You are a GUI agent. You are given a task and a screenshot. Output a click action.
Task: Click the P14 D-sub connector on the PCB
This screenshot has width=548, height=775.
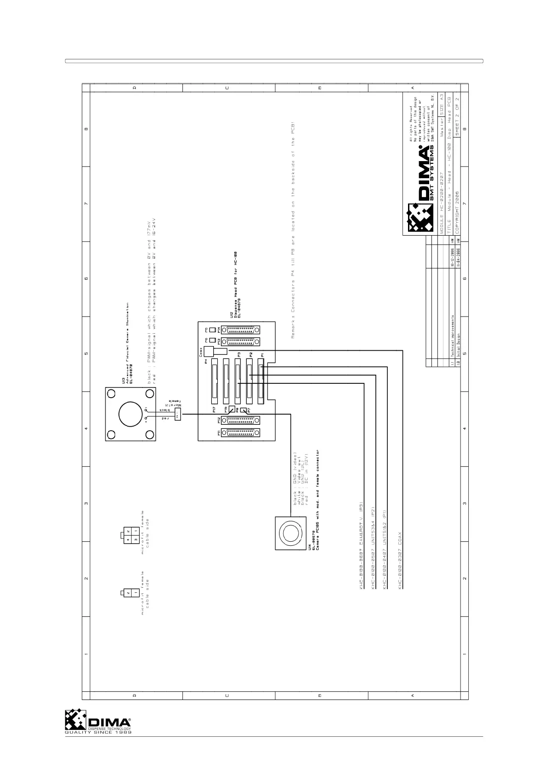tap(240, 330)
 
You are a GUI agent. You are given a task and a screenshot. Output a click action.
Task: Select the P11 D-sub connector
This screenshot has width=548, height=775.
tap(240, 433)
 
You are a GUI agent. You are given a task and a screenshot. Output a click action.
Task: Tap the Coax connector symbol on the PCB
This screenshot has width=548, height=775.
tap(210, 352)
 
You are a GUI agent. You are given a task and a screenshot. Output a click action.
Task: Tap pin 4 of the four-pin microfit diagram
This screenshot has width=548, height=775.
tap(128, 539)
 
